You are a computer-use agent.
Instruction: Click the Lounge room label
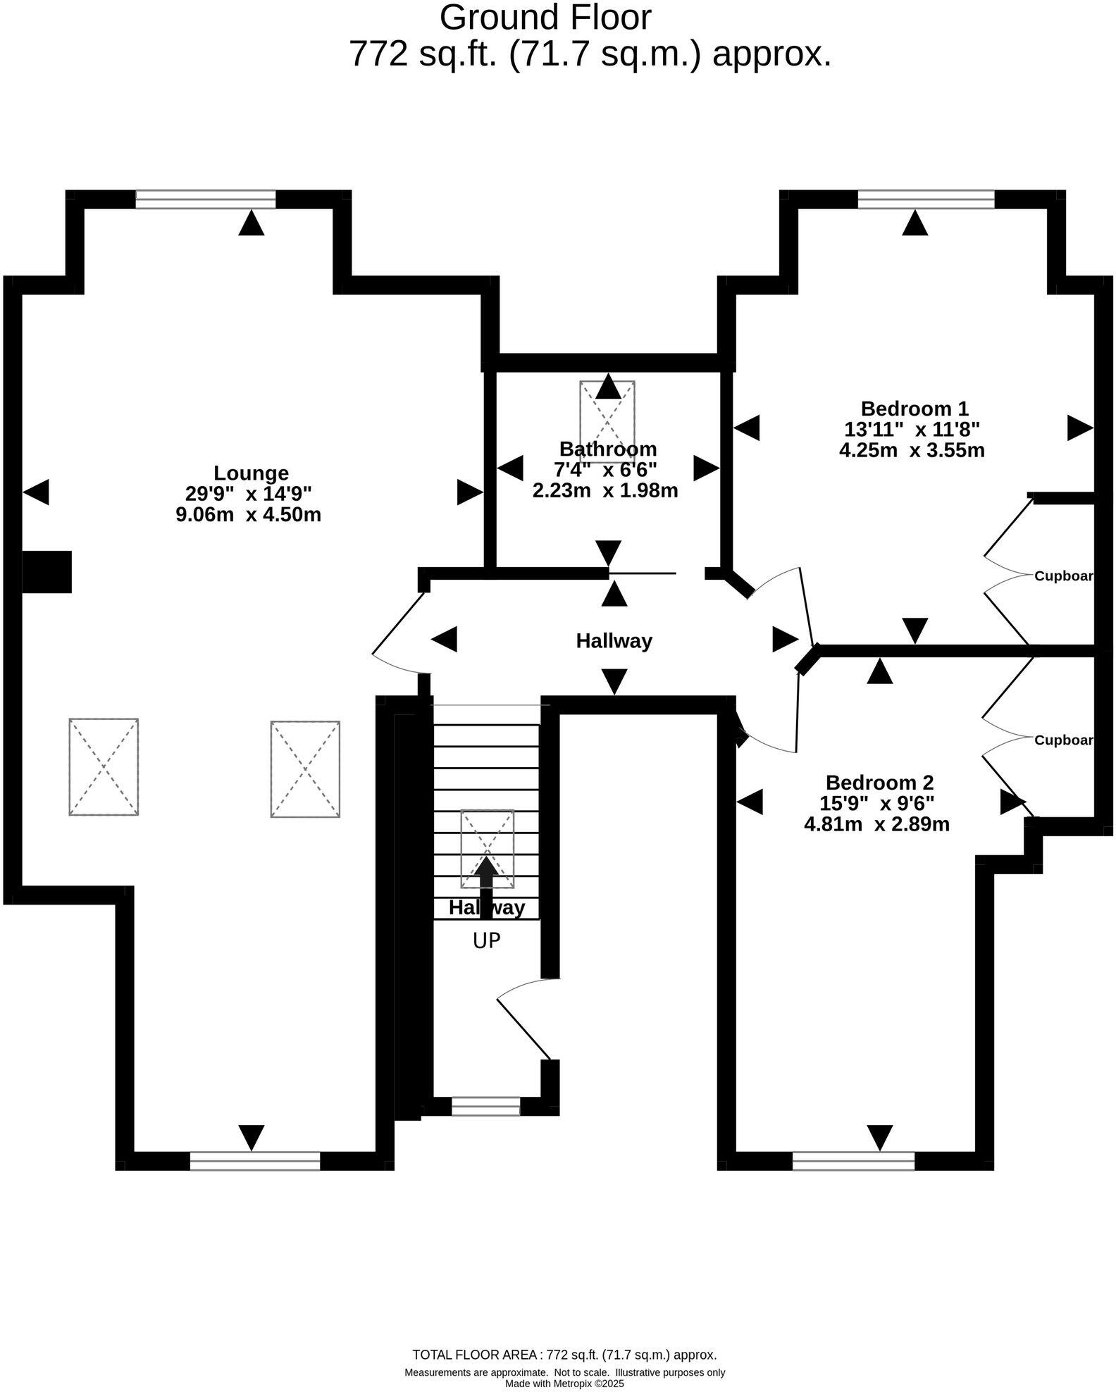pos(251,473)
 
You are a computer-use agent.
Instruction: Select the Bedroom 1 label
pos(914,409)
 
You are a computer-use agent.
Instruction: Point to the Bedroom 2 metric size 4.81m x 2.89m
pos(876,824)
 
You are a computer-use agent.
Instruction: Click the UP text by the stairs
pos(486,940)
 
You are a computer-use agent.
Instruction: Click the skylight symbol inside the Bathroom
pos(607,421)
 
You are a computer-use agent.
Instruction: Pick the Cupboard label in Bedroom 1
pos(1062,576)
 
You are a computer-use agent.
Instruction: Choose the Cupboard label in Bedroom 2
pos(1062,740)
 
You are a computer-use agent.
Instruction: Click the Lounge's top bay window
pos(205,200)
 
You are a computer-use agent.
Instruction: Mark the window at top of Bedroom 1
pos(925,200)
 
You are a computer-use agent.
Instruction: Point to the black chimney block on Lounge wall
pos(46,571)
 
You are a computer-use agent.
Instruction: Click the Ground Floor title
pos(545,18)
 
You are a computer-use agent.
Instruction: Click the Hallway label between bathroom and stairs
pos(614,641)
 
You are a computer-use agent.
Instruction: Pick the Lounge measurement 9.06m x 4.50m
pos(248,514)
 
